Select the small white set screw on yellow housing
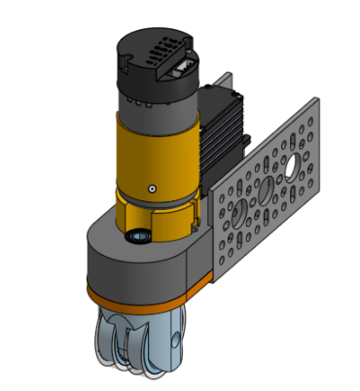coord(152,188)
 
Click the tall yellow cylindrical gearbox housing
coord(156,156)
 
